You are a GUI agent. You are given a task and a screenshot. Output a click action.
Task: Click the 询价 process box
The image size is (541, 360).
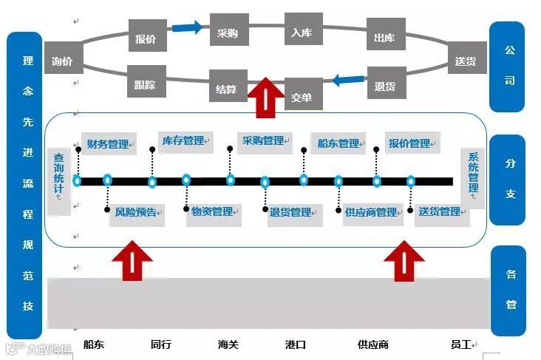pyautogui.click(x=63, y=62)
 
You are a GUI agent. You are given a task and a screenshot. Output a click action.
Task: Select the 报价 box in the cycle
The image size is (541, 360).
pyautogui.click(x=146, y=38)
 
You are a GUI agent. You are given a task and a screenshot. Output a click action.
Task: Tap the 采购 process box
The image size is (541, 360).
pyautogui.click(x=227, y=33)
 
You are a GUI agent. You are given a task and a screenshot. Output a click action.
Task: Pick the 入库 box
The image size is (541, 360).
pyautogui.click(x=301, y=33)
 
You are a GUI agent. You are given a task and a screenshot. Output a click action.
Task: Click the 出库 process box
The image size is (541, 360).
pyautogui.click(x=384, y=38)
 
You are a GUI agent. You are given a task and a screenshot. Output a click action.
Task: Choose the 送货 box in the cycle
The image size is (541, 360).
pyautogui.click(x=466, y=61)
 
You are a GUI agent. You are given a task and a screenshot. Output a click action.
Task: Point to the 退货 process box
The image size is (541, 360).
pyautogui.click(x=384, y=86)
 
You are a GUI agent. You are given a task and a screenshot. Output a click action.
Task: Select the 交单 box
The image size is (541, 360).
pyautogui.click(x=302, y=96)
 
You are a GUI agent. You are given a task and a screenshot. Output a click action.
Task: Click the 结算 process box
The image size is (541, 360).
pyautogui.click(x=227, y=89)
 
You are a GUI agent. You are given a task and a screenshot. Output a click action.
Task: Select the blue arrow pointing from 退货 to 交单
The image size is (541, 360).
pyautogui.click(x=346, y=79)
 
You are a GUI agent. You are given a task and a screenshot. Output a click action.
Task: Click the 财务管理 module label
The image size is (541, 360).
pyautogui.click(x=108, y=144)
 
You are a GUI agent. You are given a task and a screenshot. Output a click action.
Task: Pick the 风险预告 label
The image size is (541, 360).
pyautogui.click(x=135, y=213)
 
